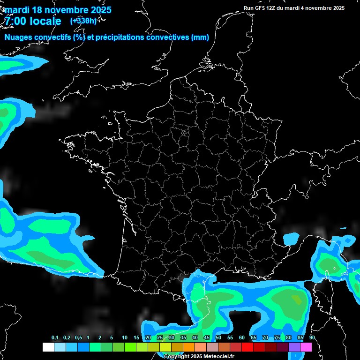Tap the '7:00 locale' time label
click(33, 21)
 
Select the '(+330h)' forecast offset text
click(83, 21)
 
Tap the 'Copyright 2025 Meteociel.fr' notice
click(199, 356)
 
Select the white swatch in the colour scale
click(48, 347)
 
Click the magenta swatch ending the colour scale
click(306, 347)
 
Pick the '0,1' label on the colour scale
click(55, 338)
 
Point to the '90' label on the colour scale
click(312, 338)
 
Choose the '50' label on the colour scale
click(218, 338)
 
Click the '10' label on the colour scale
click(125, 338)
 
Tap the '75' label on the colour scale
click(277, 338)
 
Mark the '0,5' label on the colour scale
click(78, 338)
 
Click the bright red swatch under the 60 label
click(247, 347)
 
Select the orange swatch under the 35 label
click(188, 347)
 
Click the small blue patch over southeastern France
click(291, 239)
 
